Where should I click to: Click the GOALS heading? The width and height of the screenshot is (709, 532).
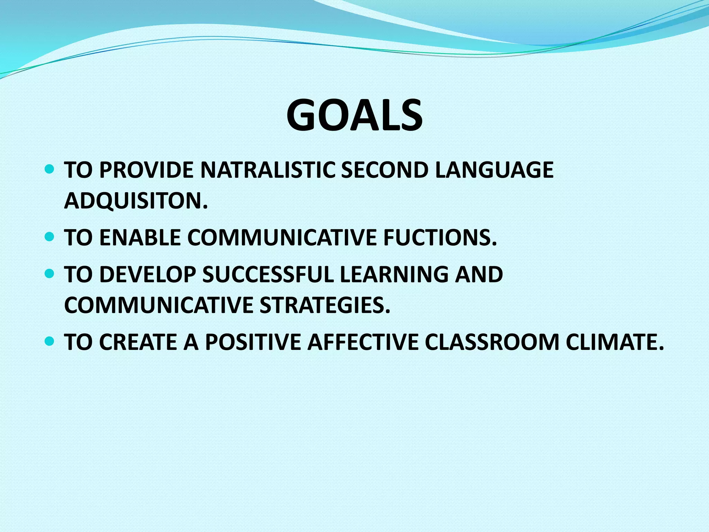pyautogui.click(x=354, y=115)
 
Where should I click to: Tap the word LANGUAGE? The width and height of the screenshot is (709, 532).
pyautogui.click(x=494, y=170)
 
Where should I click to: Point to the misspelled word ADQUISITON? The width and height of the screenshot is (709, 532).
pyautogui.click(x=136, y=201)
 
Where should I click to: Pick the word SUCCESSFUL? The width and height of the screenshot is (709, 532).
pyautogui.click(x=268, y=274)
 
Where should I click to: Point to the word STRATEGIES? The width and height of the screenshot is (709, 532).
pyautogui.click(x=325, y=305)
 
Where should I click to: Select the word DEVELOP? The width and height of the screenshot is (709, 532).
pyautogui.click(x=147, y=274)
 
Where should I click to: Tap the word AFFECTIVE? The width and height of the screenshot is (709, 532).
pyautogui.click(x=363, y=342)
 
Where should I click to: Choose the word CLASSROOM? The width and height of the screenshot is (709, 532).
pyautogui.click(x=492, y=342)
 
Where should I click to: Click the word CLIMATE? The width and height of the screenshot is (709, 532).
pyautogui.click(x=615, y=342)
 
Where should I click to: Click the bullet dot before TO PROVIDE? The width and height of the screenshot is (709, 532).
pyautogui.click(x=50, y=169)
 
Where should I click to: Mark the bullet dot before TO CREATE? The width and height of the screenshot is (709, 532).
pyautogui.click(x=50, y=342)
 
